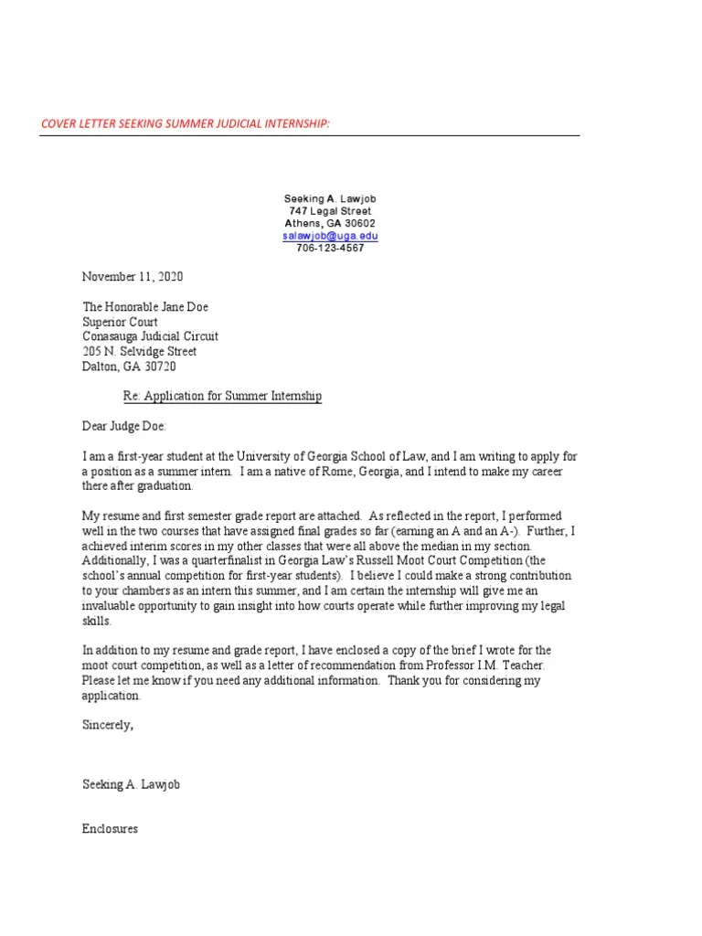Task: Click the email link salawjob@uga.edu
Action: coord(330,236)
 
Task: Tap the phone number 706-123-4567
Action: coord(330,249)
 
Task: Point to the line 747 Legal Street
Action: coord(330,211)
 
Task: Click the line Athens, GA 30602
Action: coord(330,224)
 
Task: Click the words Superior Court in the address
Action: coord(120,322)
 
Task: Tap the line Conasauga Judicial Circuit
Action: coord(151,336)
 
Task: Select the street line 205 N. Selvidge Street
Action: coord(140,351)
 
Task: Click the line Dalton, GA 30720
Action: coord(129,367)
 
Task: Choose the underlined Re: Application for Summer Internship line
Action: coord(223,397)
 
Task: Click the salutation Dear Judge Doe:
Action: coord(125,426)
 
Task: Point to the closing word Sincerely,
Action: coord(108,725)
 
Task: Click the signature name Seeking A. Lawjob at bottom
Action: coord(131,785)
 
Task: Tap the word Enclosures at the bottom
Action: coord(110,829)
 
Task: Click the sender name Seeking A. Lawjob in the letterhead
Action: coord(330,198)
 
